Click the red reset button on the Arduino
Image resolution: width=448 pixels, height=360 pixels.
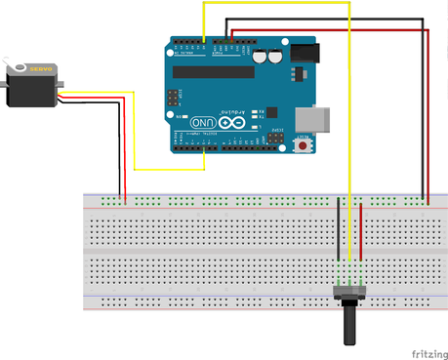(x=305, y=145)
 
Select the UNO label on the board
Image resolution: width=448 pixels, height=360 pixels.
(x=206, y=122)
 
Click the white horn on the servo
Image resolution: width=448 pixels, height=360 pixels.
(x=17, y=67)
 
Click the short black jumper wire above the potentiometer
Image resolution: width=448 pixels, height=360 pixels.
(x=339, y=229)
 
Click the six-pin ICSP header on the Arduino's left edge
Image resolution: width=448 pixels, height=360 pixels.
(x=174, y=98)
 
